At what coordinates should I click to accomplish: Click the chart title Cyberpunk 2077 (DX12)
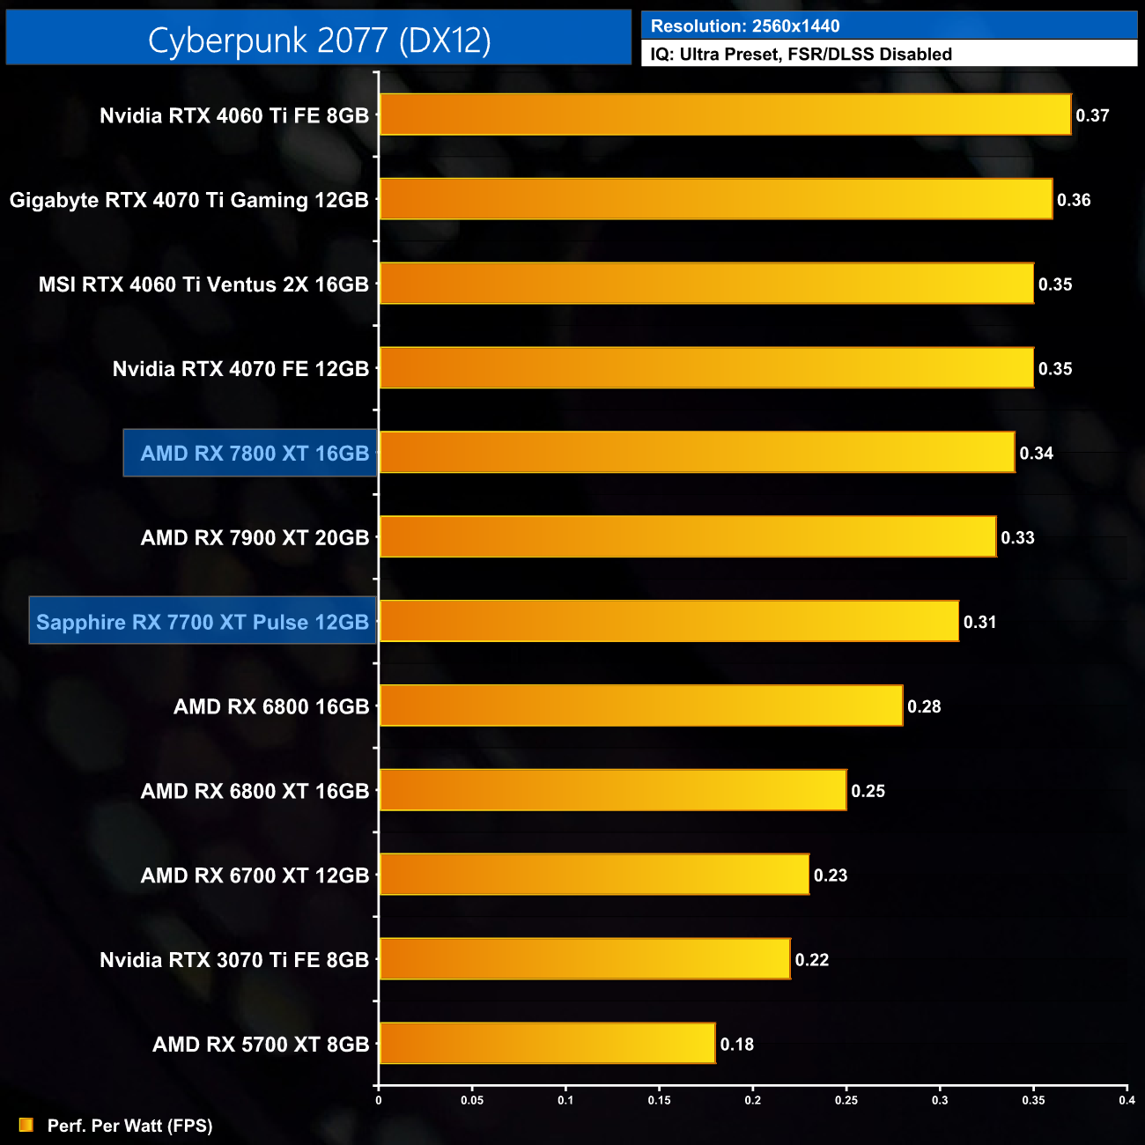point(319,40)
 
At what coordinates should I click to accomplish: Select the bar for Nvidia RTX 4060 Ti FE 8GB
point(725,114)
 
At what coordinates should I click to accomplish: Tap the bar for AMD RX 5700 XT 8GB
point(547,1043)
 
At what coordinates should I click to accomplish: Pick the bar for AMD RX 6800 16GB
point(641,705)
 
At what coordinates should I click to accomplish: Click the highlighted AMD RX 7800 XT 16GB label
point(254,454)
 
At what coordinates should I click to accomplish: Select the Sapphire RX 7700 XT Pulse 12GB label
point(203,622)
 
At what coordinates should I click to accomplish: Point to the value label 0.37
point(1092,115)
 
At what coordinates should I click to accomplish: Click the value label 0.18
point(737,1045)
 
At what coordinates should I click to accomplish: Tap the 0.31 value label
point(979,622)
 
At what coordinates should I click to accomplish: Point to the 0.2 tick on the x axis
point(753,1100)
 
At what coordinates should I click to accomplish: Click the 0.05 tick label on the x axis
point(472,1100)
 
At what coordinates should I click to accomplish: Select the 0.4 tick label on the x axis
point(1127,1100)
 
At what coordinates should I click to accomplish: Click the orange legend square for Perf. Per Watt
point(26,1125)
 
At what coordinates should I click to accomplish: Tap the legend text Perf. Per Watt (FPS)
point(130,1126)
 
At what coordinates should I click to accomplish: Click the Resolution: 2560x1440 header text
point(745,26)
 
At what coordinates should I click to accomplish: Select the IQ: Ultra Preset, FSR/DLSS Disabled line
point(801,55)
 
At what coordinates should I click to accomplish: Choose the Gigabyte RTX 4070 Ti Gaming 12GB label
point(188,200)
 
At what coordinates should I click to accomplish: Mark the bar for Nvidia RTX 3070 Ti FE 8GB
point(585,958)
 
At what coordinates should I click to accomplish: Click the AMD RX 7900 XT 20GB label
point(255,537)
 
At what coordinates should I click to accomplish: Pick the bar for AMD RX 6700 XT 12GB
point(594,874)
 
